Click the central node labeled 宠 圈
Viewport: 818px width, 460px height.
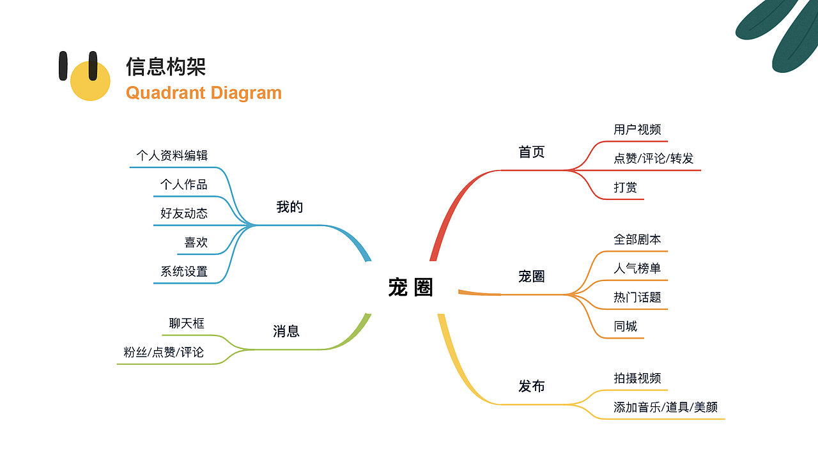410,287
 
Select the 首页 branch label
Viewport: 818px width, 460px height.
531,152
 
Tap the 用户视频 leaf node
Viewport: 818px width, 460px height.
637,130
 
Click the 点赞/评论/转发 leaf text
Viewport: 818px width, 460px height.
653,158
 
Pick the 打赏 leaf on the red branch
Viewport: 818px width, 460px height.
625,188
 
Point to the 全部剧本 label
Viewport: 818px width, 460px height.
637,240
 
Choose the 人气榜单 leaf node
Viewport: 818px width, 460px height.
637,268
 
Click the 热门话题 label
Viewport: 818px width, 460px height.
637,297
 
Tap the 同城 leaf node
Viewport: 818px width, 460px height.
625,326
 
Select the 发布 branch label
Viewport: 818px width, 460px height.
531,387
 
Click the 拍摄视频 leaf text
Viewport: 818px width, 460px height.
637,378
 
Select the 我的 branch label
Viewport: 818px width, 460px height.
289,207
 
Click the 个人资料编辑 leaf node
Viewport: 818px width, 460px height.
172,155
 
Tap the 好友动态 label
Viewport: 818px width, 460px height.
184,213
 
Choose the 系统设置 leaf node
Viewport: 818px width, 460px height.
184,272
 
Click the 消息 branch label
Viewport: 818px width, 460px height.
286,332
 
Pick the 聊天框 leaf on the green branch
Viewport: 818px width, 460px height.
187,323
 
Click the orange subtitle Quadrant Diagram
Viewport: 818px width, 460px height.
204,93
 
